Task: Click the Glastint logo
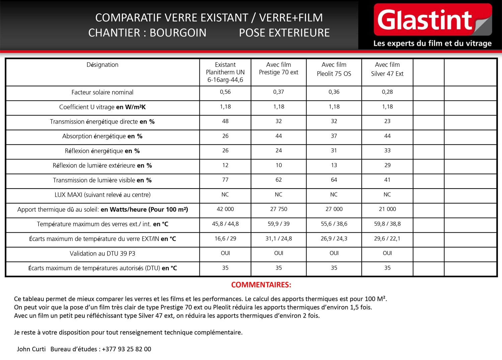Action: coord(432,20)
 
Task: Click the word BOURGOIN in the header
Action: coord(178,33)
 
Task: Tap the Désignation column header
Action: coord(102,65)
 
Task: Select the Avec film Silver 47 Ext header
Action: coord(387,69)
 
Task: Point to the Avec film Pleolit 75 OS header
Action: coord(334,69)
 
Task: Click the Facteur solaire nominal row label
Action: coord(102,92)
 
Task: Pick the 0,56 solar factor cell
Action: coord(225,92)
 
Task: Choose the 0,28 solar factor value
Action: coord(387,92)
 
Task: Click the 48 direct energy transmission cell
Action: coord(225,121)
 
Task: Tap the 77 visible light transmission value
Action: coord(225,180)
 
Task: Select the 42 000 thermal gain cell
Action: coord(225,209)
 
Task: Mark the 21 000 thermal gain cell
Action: coord(387,209)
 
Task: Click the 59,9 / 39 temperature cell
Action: coord(278,224)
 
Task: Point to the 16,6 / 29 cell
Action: coord(225,239)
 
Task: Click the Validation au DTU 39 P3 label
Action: coord(102,254)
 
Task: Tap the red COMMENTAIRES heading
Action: coord(261,285)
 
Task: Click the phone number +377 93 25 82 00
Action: coord(127,349)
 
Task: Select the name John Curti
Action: coord(31,349)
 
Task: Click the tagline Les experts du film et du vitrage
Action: coord(432,44)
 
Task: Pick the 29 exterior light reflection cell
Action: coord(387,165)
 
